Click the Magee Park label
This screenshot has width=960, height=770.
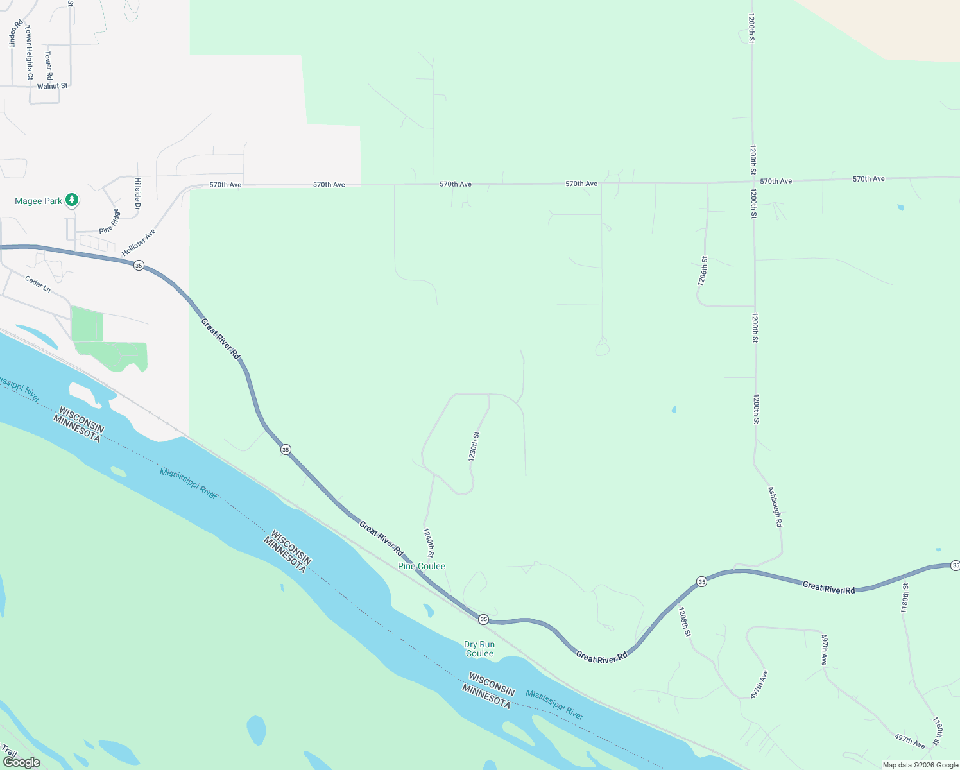point(39,201)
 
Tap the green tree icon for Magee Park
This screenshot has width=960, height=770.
point(73,200)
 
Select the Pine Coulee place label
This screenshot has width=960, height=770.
point(422,566)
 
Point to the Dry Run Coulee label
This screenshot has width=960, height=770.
point(479,649)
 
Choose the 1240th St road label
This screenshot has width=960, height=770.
point(429,543)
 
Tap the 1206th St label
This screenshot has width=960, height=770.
point(703,271)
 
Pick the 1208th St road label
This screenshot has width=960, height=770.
point(685,622)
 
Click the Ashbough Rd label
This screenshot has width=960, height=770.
point(775,507)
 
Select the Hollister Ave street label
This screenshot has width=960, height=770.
point(139,243)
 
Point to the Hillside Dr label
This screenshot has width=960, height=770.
point(137,193)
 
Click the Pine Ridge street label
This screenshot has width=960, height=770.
point(109,221)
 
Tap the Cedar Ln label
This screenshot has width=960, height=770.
point(38,284)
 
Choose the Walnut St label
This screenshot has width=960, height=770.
point(52,86)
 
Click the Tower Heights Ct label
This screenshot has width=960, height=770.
point(29,53)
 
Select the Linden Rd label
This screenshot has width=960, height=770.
point(13,34)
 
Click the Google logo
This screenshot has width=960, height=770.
point(21,762)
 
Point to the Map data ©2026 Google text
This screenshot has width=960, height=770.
point(920,765)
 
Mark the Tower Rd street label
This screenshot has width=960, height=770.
point(49,65)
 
